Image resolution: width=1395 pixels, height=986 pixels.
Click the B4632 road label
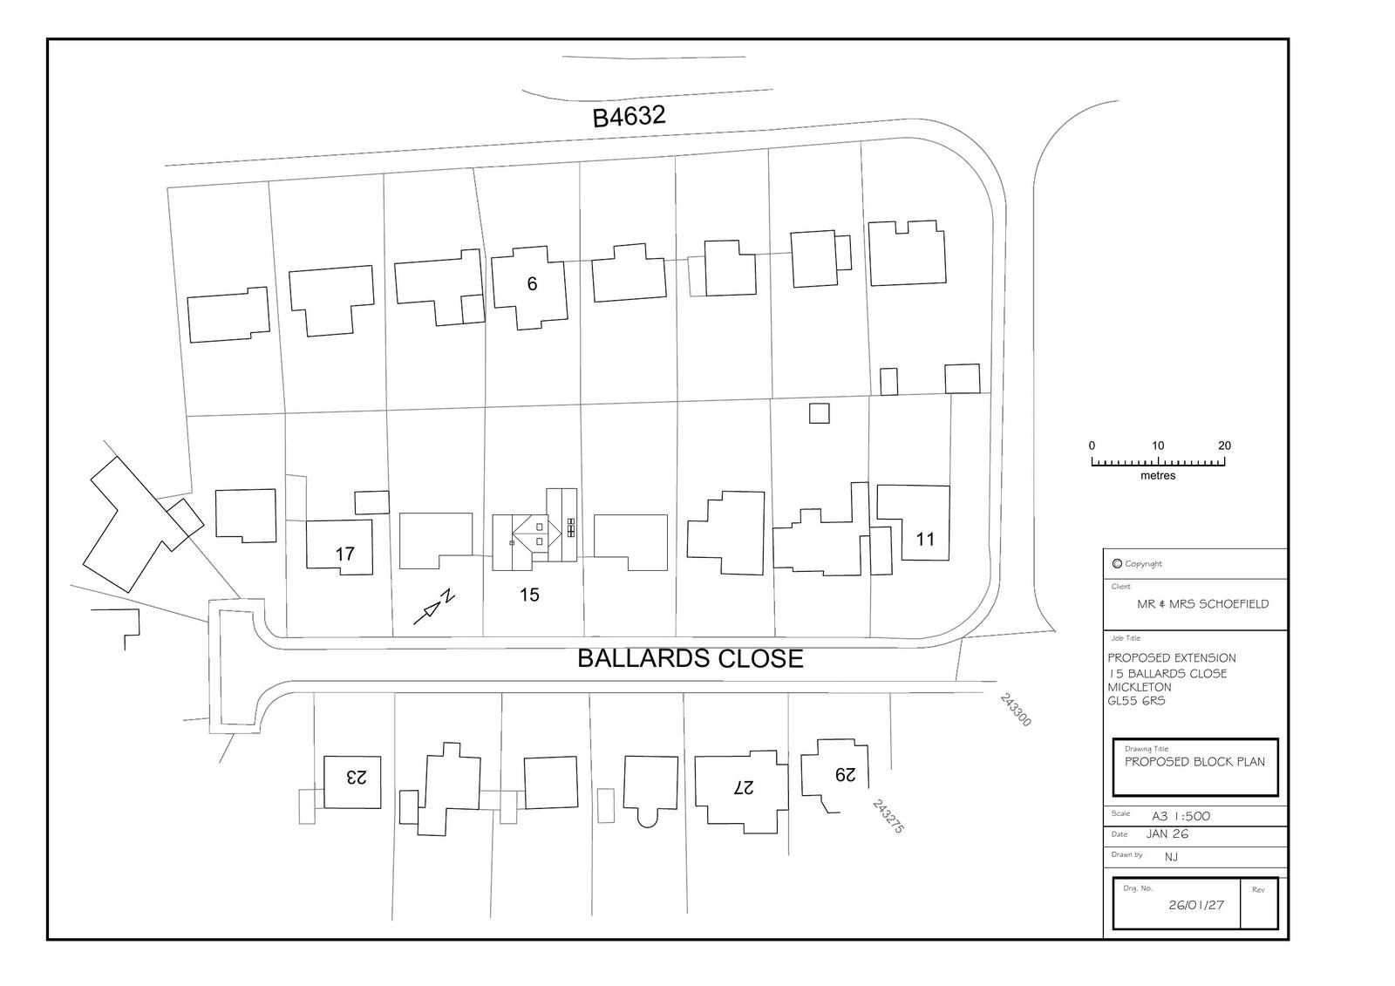(629, 116)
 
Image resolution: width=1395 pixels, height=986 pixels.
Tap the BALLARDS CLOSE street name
(690, 658)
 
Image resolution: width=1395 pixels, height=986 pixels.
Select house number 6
(532, 284)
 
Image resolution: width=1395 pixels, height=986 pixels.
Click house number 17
(344, 554)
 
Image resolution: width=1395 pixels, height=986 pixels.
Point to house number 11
(925, 540)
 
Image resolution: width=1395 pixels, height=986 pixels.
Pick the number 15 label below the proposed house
(529, 595)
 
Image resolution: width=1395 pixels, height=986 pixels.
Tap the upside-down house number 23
(356, 775)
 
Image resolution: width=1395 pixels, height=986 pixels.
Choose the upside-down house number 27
(743, 786)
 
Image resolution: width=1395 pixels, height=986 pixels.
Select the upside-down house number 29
(845, 773)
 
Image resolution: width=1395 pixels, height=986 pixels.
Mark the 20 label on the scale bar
(1224, 445)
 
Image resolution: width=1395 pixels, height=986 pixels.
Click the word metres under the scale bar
(1158, 476)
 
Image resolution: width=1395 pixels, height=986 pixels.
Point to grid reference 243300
(1016, 711)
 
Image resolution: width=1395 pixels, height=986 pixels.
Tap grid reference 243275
(888, 817)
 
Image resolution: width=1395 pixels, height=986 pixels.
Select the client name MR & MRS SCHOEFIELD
(1202, 604)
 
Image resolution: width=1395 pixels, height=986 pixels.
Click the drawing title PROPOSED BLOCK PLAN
(1194, 762)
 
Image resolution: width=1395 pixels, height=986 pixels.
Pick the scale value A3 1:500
(1181, 817)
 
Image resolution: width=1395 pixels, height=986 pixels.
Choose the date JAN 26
(1167, 834)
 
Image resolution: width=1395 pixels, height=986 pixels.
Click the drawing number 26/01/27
(1196, 905)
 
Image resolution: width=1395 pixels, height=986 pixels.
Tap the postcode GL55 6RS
(1136, 701)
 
